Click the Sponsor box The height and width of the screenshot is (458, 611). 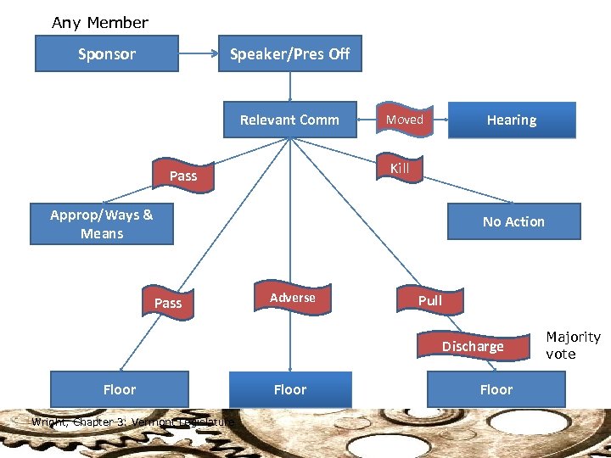tap(106, 53)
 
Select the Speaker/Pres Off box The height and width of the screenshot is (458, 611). tap(289, 53)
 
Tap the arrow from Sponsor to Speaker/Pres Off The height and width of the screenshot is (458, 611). tap(199, 53)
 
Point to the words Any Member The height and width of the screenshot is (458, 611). tap(100, 23)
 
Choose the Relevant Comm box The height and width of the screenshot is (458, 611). tap(289, 120)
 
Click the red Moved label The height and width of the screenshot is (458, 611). tap(405, 120)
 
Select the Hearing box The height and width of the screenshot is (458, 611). tap(511, 120)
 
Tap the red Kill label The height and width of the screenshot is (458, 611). tap(400, 168)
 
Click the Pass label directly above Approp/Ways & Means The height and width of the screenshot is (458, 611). tap(183, 176)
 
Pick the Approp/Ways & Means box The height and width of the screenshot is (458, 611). tap(102, 224)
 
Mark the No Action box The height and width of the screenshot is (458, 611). tap(513, 221)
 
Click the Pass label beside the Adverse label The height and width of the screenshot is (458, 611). tap(168, 302)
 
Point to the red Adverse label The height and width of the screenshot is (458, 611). tap(292, 298)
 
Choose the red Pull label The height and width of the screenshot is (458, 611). tap(430, 300)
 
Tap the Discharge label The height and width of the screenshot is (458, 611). tap(473, 346)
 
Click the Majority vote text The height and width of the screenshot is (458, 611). tap(573, 345)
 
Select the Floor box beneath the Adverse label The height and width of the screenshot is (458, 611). tap(289, 389)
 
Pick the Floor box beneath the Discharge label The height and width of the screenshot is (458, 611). tap(496, 389)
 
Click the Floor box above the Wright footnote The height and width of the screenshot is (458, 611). tap(119, 389)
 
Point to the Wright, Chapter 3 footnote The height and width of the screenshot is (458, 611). tap(132, 422)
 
